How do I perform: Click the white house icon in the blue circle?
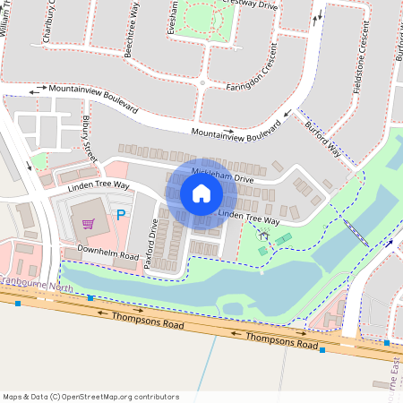point(201,193)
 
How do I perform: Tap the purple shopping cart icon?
point(88,223)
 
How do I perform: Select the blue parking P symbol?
point(120,216)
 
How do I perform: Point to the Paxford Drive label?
point(152,237)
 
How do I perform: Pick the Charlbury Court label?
point(48,21)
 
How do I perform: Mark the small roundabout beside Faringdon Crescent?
point(203,83)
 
